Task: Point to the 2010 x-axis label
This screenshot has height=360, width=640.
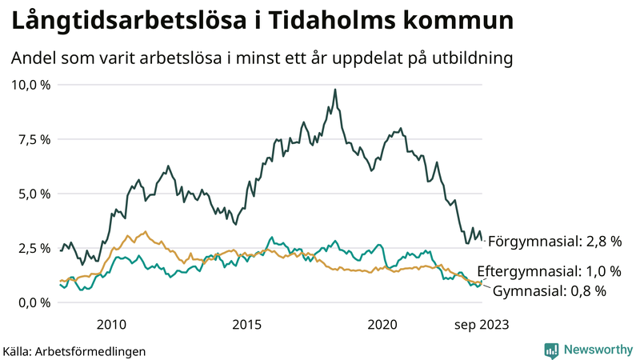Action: point(111,324)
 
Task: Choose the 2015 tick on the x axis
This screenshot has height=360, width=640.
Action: point(246,324)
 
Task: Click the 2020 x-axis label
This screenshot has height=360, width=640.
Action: point(382,324)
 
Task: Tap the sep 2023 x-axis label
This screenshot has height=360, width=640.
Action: point(482,324)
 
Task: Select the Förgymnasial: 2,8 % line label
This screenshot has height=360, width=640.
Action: point(554,241)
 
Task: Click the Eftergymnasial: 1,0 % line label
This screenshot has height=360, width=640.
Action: point(549,270)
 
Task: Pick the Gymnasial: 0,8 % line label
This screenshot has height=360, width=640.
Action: point(549,290)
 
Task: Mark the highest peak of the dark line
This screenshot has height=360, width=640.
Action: point(335,90)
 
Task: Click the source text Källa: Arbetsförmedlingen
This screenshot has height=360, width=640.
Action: point(74,350)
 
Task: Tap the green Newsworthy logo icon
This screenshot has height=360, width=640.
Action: point(551,350)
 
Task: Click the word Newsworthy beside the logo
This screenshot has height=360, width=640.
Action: point(597,350)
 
